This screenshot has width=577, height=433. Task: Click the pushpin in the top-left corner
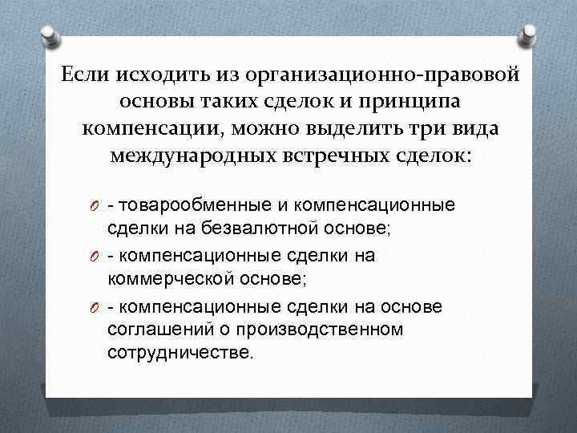coord(48,36)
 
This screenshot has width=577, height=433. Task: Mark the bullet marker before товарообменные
coord(95,206)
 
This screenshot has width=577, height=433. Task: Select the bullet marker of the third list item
coord(95,307)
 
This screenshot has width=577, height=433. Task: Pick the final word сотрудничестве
coord(180,352)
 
